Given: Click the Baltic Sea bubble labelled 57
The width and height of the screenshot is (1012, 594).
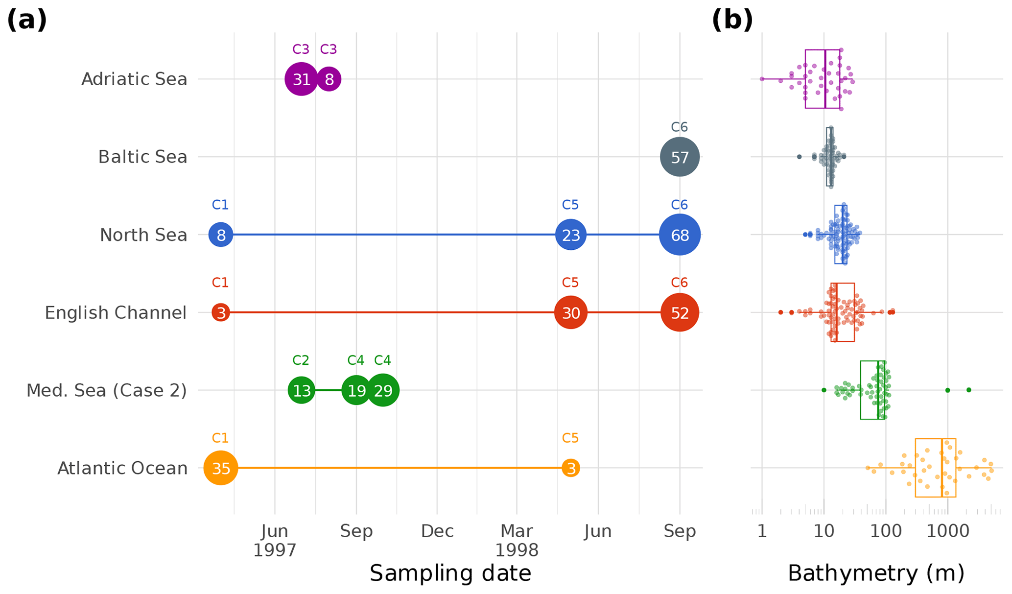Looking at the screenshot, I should (x=679, y=157).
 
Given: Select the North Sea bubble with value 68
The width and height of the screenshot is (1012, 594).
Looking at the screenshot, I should (x=680, y=235).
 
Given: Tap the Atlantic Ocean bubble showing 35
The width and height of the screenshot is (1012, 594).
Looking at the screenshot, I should (x=221, y=468).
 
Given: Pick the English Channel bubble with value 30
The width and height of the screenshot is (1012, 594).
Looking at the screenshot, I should (x=570, y=312).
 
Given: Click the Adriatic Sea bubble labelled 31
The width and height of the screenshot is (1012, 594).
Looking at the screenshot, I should (x=302, y=79).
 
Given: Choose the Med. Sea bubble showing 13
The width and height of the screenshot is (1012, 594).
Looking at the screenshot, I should (x=302, y=390).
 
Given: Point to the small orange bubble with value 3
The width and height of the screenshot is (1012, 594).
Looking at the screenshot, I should (x=570, y=468).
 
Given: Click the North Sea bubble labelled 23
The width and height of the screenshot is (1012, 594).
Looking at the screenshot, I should (x=570, y=235).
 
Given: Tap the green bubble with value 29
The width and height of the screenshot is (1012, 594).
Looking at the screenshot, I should (x=383, y=390).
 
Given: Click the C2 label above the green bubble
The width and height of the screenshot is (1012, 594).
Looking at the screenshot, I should (x=301, y=360).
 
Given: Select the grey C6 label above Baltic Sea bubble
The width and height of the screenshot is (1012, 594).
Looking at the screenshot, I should (x=679, y=127).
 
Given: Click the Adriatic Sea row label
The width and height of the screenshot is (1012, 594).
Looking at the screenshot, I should (x=134, y=79).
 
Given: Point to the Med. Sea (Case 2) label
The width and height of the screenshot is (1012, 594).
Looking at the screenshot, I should (x=106, y=391).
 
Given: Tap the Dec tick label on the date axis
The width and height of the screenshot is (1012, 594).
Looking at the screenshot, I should (x=437, y=531).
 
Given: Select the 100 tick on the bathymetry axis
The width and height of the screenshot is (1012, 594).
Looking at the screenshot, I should (x=885, y=531).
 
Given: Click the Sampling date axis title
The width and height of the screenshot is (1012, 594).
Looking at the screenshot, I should (x=450, y=573).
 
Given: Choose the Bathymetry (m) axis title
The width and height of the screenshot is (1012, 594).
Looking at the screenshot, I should (x=876, y=573).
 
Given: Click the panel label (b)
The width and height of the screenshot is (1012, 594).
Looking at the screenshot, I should (x=731, y=21).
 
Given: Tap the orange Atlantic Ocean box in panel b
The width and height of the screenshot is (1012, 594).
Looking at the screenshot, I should (x=935, y=468).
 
